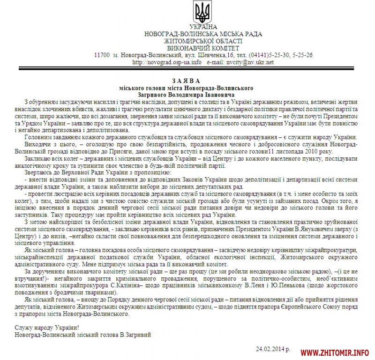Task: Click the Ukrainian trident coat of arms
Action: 203,13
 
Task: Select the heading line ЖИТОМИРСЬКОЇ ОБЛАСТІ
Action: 203,41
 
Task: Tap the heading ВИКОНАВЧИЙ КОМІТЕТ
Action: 203,48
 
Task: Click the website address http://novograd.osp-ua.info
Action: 167,62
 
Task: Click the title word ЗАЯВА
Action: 187,80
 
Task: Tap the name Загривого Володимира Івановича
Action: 187,94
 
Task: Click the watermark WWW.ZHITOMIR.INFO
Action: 335,352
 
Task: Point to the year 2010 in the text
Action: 324,151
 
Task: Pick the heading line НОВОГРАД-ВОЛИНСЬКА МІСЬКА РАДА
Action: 203,34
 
